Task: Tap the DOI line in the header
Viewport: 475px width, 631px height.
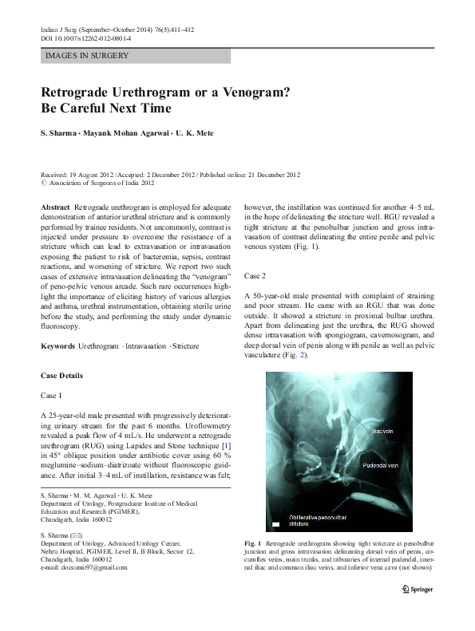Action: click(89, 38)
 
